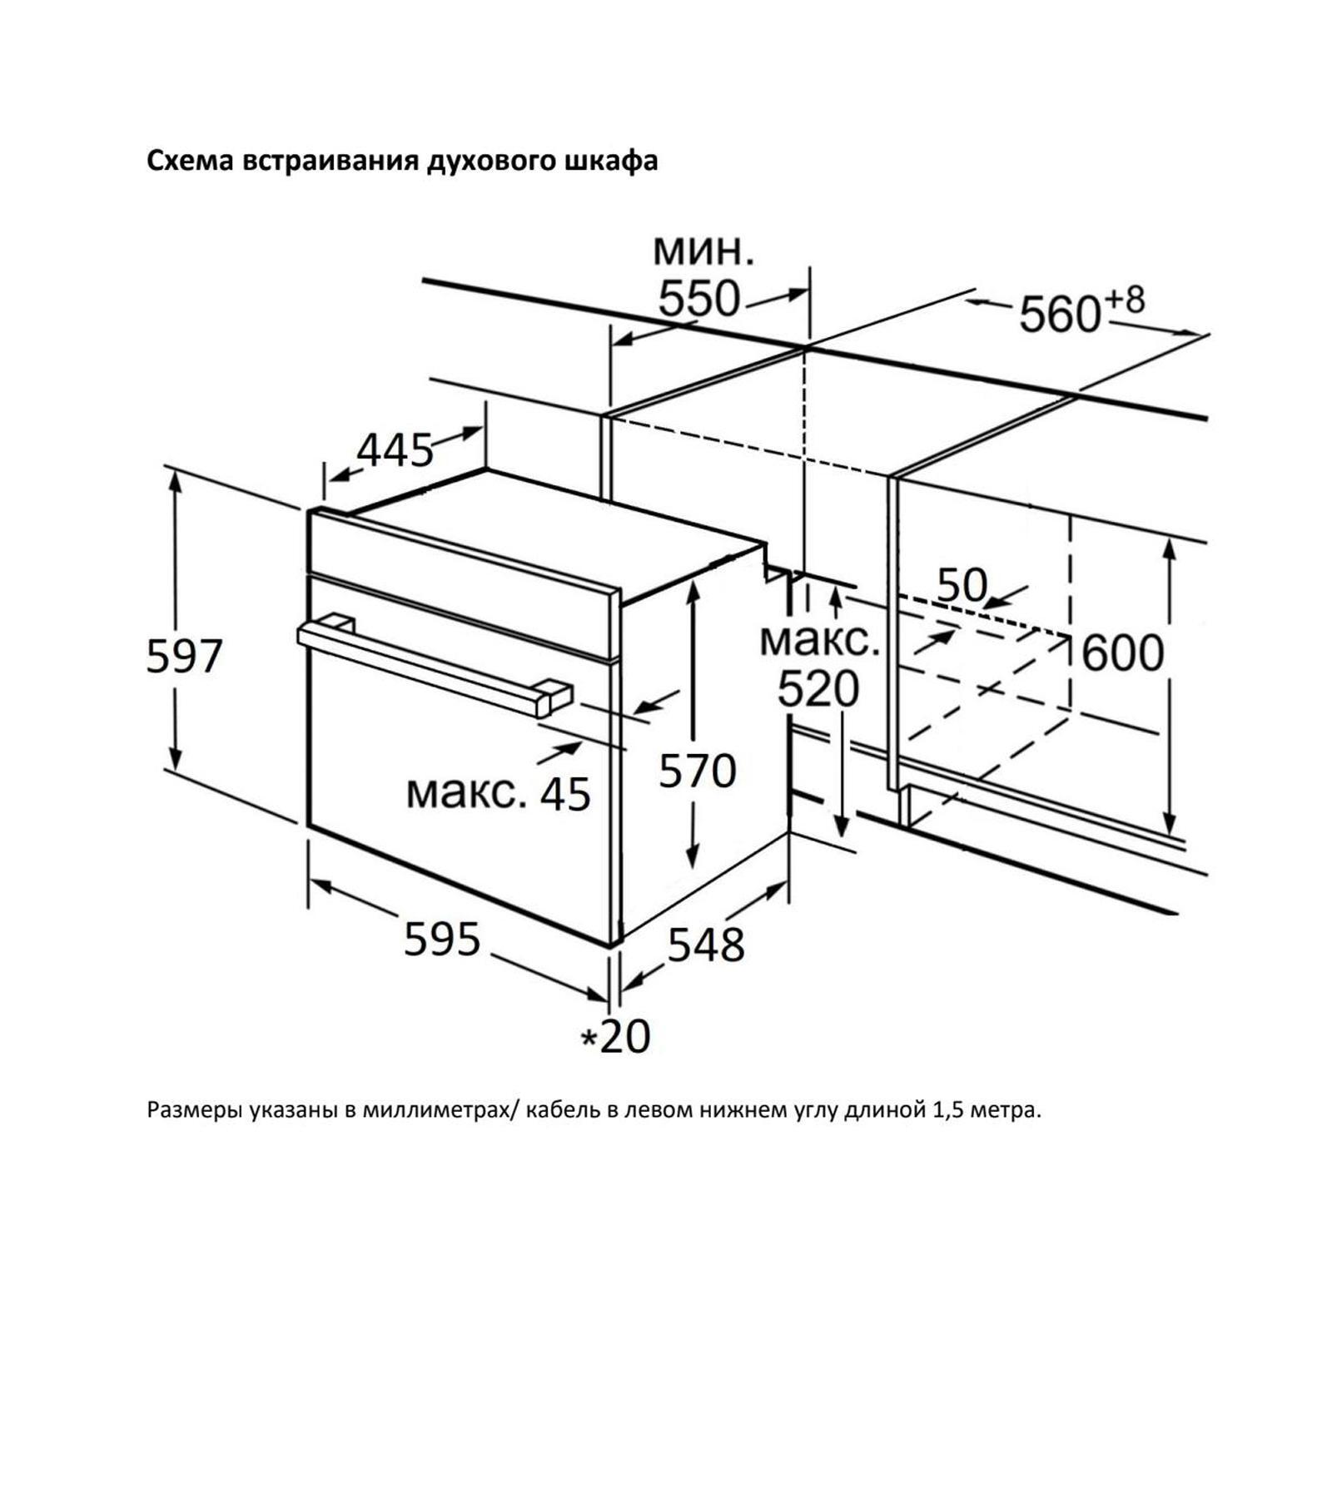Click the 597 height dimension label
click(x=184, y=656)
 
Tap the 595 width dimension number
click(x=442, y=940)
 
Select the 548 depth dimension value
click(x=706, y=945)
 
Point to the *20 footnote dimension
click(x=616, y=1037)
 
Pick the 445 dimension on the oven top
click(x=395, y=451)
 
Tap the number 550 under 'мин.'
click(x=698, y=300)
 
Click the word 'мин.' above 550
click(x=703, y=249)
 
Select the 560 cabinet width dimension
click(x=1060, y=315)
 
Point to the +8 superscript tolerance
click(x=1125, y=300)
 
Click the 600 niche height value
click(x=1122, y=653)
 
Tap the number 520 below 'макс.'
click(x=818, y=689)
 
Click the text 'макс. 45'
click(x=498, y=793)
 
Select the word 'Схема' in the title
click(x=191, y=161)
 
